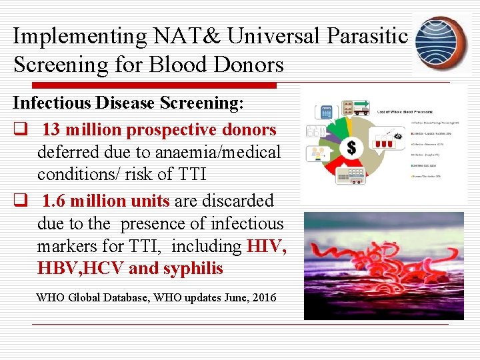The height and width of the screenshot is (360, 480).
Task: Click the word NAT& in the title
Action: pyautogui.click(x=194, y=36)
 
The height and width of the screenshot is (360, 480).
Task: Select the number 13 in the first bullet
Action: pyautogui.click(x=53, y=129)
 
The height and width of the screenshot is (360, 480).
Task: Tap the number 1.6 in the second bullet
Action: pyautogui.click(x=55, y=201)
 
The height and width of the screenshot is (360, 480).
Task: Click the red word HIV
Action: pyautogui.click(x=266, y=246)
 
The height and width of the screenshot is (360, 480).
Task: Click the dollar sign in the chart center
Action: pyautogui.click(x=351, y=147)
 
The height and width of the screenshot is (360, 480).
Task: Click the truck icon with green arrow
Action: pyautogui.click(x=356, y=107)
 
